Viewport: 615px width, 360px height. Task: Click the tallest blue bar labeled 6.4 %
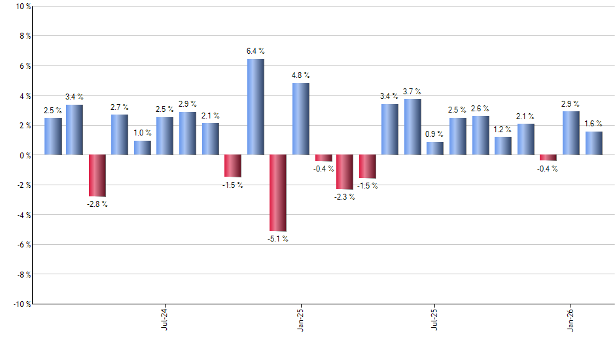pos(256,107)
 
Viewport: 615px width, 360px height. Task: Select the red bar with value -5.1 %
pos(278,193)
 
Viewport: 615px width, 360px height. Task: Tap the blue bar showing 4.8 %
pos(300,119)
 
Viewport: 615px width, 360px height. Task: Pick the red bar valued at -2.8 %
pos(97,175)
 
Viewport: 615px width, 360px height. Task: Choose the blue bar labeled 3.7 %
pos(413,127)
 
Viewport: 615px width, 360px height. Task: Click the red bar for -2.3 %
pos(345,172)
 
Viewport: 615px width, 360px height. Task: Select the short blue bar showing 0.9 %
pos(435,149)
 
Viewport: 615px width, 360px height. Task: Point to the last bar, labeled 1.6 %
pos(593,143)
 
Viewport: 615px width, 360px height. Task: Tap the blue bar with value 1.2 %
pos(503,146)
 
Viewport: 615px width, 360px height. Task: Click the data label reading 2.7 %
pos(120,107)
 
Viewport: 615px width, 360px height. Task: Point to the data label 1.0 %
pos(143,133)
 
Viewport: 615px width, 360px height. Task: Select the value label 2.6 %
pos(481,108)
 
